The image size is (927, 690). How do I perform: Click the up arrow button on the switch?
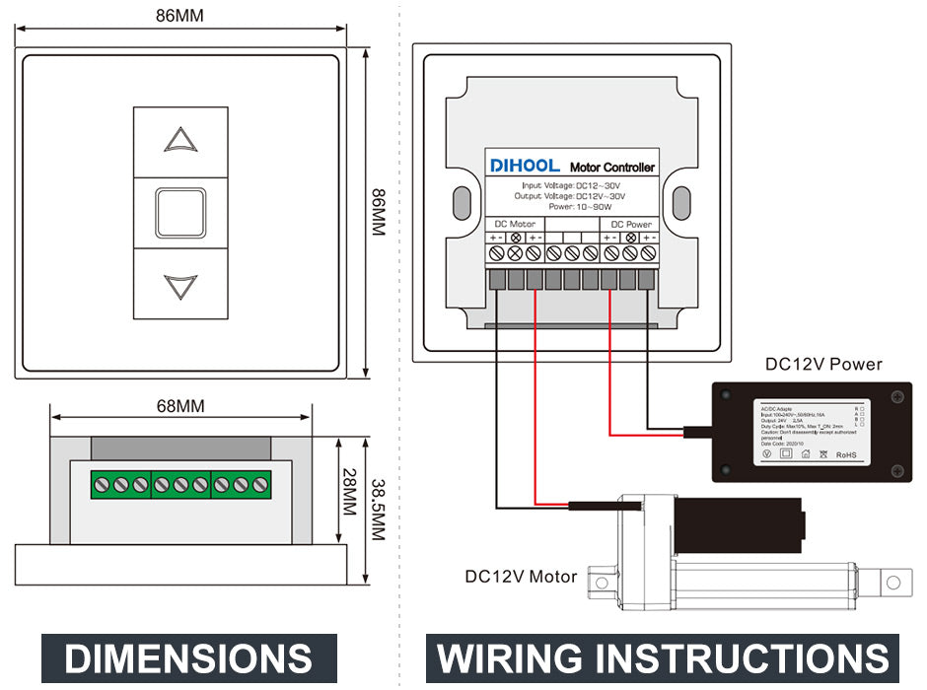[x=180, y=140]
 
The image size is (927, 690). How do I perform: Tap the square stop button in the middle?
[x=180, y=212]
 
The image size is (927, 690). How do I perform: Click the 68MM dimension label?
[x=180, y=406]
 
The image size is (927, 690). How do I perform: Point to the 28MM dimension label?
[x=347, y=492]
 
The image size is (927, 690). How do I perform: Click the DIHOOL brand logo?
[x=525, y=166]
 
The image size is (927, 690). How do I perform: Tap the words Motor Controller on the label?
[x=612, y=168]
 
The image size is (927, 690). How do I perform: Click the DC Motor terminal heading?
[x=515, y=224]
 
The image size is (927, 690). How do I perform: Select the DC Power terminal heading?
[x=625, y=224]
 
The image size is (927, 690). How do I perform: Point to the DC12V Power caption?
[x=823, y=364]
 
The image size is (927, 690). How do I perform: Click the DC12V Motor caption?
[x=521, y=576]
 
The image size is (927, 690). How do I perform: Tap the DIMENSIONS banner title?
[x=188, y=658]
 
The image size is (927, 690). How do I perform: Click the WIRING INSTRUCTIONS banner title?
[x=663, y=658]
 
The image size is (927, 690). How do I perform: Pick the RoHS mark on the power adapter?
[x=846, y=454]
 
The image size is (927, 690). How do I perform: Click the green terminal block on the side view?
[x=180, y=485]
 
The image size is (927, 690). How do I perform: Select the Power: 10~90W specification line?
[x=581, y=207]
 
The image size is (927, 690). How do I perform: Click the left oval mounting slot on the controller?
[x=460, y=204]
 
